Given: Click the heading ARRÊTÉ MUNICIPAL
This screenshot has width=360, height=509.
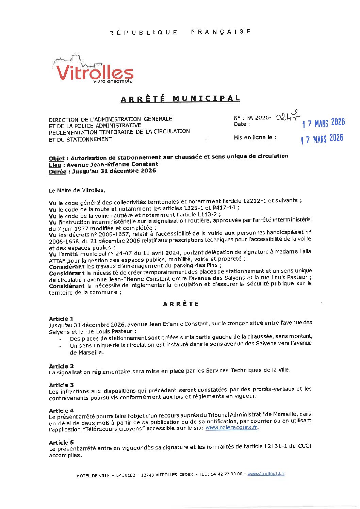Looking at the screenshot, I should pos(180,99).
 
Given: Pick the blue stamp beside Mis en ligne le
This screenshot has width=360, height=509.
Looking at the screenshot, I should pos(322,139).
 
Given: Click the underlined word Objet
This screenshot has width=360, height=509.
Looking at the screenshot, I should pos(57,159).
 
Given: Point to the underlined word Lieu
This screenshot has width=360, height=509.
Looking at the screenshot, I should pos(55,165).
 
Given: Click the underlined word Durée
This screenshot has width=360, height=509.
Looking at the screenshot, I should pos(58,171).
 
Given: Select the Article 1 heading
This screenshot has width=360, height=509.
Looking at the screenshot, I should pos(61,319).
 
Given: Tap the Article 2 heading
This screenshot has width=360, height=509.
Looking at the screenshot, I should pos(61,366).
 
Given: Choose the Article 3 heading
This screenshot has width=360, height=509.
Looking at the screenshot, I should pos(61,385).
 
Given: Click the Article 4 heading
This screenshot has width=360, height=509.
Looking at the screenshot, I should pos(61,411).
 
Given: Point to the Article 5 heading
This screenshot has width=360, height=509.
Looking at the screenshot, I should pos(61,442).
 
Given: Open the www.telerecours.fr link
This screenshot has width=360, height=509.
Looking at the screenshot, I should pos(231,427).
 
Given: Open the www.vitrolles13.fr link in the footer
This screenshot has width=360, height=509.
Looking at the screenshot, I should pos(266,474).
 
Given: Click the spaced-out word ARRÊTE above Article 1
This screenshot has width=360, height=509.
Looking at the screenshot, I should pos(181,304).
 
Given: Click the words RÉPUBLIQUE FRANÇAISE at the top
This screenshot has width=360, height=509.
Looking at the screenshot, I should pos(180,32).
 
